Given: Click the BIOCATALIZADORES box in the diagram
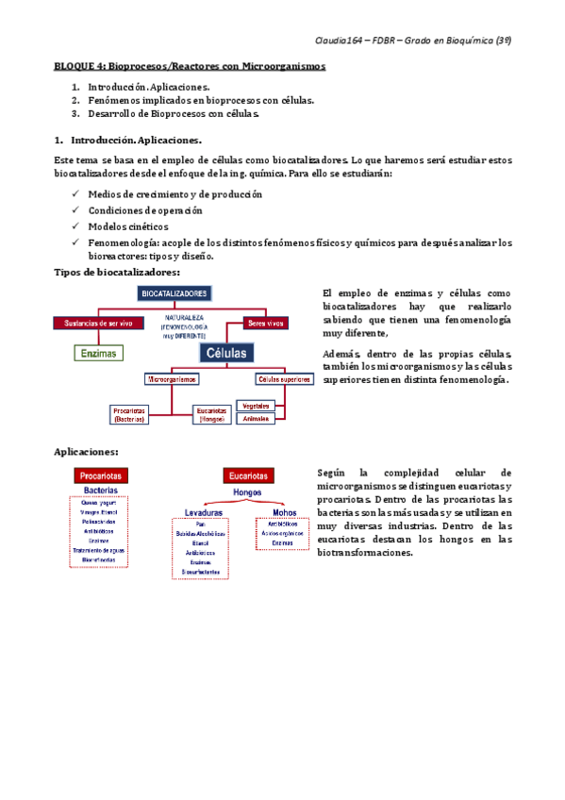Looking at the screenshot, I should click(x=174, y=294).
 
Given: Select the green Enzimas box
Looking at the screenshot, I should click(x=99, y=353).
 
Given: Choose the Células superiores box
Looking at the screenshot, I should click(x=284, y=379).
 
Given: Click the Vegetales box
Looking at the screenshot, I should click(x=256, y=406).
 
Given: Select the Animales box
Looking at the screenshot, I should click(x=256, y=418).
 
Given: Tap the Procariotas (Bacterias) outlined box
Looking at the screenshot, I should click(x=127, y=414).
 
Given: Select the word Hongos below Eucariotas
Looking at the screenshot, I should click(x=247, y=492).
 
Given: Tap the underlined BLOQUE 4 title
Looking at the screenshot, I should click(x=189, y=67).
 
